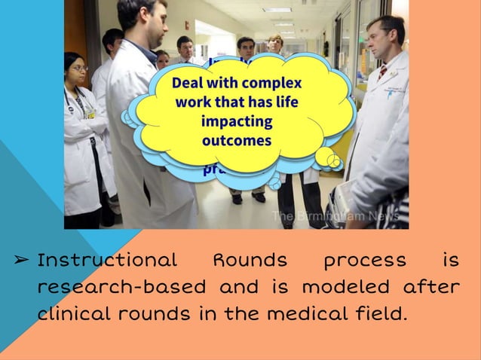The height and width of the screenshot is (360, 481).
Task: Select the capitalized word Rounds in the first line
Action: click(250, 261)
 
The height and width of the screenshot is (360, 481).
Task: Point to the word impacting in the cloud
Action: click(237, 121)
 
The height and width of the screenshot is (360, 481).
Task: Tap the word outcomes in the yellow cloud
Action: click(237, 140)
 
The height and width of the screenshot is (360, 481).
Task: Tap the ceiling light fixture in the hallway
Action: click(277, 10)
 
